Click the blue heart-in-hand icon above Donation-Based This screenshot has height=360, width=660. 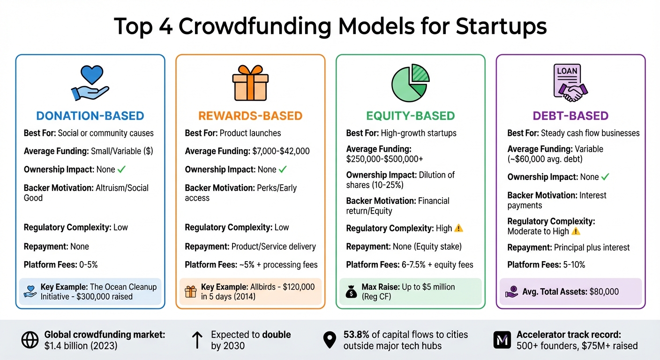90,83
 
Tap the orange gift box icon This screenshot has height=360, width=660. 250,83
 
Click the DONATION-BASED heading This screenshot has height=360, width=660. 90,116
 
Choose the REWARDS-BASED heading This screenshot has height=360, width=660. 250,116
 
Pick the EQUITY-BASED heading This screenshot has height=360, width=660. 411,116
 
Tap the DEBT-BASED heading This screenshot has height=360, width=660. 570,116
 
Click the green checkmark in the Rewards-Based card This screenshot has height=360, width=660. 283,170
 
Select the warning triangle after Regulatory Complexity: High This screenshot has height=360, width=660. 459,228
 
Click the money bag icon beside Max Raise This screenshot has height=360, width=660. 351,292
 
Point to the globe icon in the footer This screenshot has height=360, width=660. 29,340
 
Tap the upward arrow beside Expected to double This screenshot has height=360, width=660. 197,340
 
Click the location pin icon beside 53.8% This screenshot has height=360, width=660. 330,340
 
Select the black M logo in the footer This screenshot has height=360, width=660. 502,340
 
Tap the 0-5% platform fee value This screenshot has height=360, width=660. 88,265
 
